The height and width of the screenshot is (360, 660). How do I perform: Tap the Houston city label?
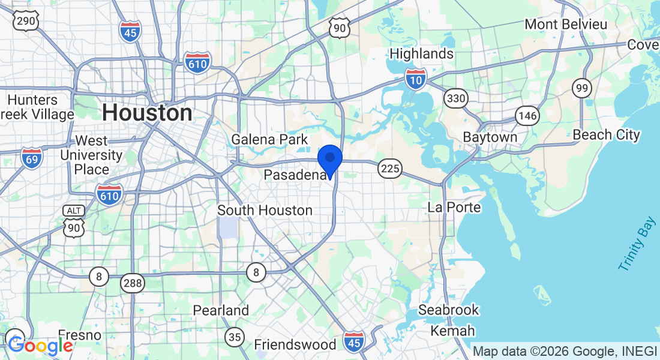(x=147, y=113)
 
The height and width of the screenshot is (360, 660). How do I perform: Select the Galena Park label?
(x=270, y=140)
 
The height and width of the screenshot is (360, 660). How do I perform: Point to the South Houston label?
(x=265, y=211)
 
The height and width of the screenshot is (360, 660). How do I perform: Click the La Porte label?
(x=454, y=208)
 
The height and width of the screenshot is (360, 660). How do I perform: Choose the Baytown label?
(x=490, y=137)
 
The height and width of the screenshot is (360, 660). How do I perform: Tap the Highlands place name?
(x=421, y=54)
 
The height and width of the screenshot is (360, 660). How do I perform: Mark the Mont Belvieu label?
(x=566, y=25)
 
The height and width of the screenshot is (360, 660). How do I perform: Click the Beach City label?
(x=606, y=135)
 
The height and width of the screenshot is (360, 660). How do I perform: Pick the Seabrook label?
(x=449, y=310)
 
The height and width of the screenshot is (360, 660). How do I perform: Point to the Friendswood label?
(x=295, y=345)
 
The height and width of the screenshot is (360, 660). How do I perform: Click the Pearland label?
(x=221, y=311)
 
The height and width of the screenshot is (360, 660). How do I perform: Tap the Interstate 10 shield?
(x=415, y=79)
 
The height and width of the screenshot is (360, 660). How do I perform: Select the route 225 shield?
(x=390, y=169)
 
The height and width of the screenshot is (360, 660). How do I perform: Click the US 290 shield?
(x=26, y=20)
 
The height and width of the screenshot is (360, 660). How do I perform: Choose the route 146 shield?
(x=527, y=116)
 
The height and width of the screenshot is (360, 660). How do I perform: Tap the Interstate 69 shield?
(x=31, y=158)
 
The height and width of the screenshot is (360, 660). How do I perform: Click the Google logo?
(x=40, y=346)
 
